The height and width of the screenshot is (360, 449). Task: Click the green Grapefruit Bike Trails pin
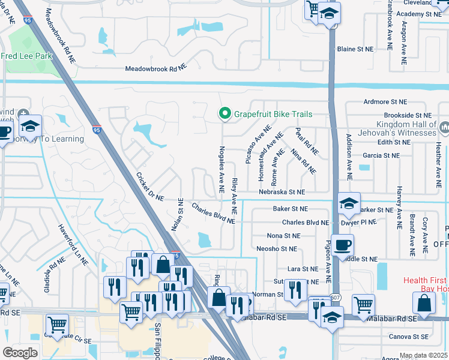point(224,113)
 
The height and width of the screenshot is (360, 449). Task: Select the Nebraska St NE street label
point(282,192)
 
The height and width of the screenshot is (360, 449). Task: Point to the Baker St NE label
point(290,209)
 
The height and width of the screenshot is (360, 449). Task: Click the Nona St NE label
point(283,236)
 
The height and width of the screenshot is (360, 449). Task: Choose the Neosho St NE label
point(277,248)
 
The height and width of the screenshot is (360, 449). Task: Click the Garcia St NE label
point(381,155)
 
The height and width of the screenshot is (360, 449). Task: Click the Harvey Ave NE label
point(399,207)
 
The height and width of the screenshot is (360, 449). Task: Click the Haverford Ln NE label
point(73,245)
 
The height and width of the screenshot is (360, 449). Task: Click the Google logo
point(20,352)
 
